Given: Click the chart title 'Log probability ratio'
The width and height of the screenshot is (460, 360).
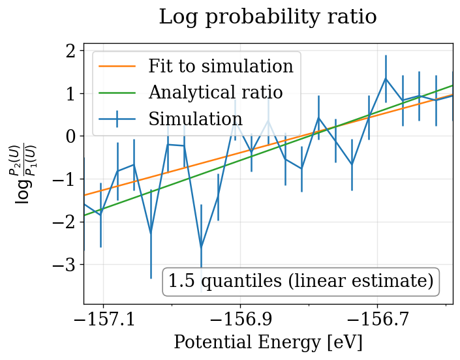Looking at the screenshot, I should point(268,17).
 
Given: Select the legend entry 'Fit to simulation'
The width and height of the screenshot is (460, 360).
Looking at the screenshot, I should point(221,67).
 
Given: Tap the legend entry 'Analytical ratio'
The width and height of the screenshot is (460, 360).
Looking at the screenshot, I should point(215,93).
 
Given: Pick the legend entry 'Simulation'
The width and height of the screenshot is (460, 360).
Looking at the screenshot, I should point(195,119).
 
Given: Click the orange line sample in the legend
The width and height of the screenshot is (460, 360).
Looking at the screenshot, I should point(117,67).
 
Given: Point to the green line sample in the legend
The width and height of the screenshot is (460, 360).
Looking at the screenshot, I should point(117,93).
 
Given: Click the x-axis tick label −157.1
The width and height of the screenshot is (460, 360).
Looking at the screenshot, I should point(102,320).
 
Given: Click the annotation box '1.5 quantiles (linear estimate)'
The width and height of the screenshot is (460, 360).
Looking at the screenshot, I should point(301,282).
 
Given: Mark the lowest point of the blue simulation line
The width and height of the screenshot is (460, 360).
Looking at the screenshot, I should point(201,247).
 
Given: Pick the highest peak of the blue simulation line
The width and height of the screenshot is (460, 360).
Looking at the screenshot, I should point(386,78).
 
